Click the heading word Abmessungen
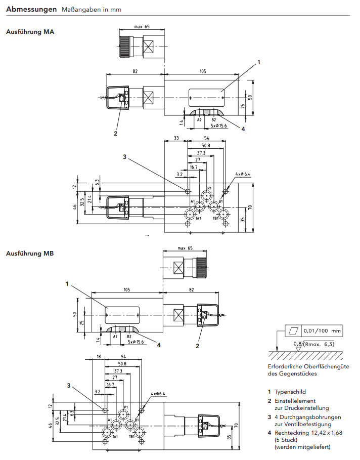(30, 10)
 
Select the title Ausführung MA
(30, 32)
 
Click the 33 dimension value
(176, 138)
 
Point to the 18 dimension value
(98, 357)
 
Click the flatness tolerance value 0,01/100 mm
(322, 330)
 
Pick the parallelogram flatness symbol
(293, 330)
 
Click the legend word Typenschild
(290, 392)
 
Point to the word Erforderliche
(284, 366)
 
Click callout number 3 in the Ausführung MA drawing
(124, 157)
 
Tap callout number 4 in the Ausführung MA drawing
(243, 129)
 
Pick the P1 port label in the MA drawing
(209, 188)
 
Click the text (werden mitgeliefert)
(302, 447)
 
